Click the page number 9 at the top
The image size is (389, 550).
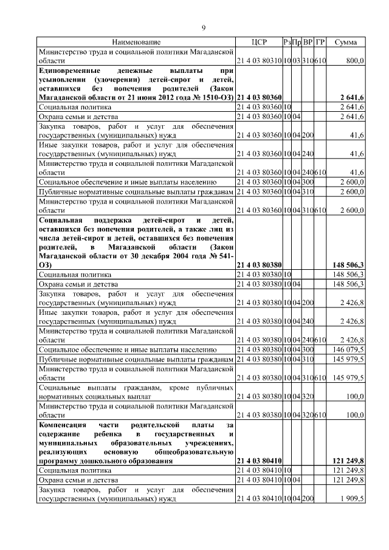point(204,27)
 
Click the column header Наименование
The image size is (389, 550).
point(136,42)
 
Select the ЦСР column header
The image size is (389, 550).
point(259,42)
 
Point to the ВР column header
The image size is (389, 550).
point(308,42)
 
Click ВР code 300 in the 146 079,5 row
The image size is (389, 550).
point(308,350)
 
